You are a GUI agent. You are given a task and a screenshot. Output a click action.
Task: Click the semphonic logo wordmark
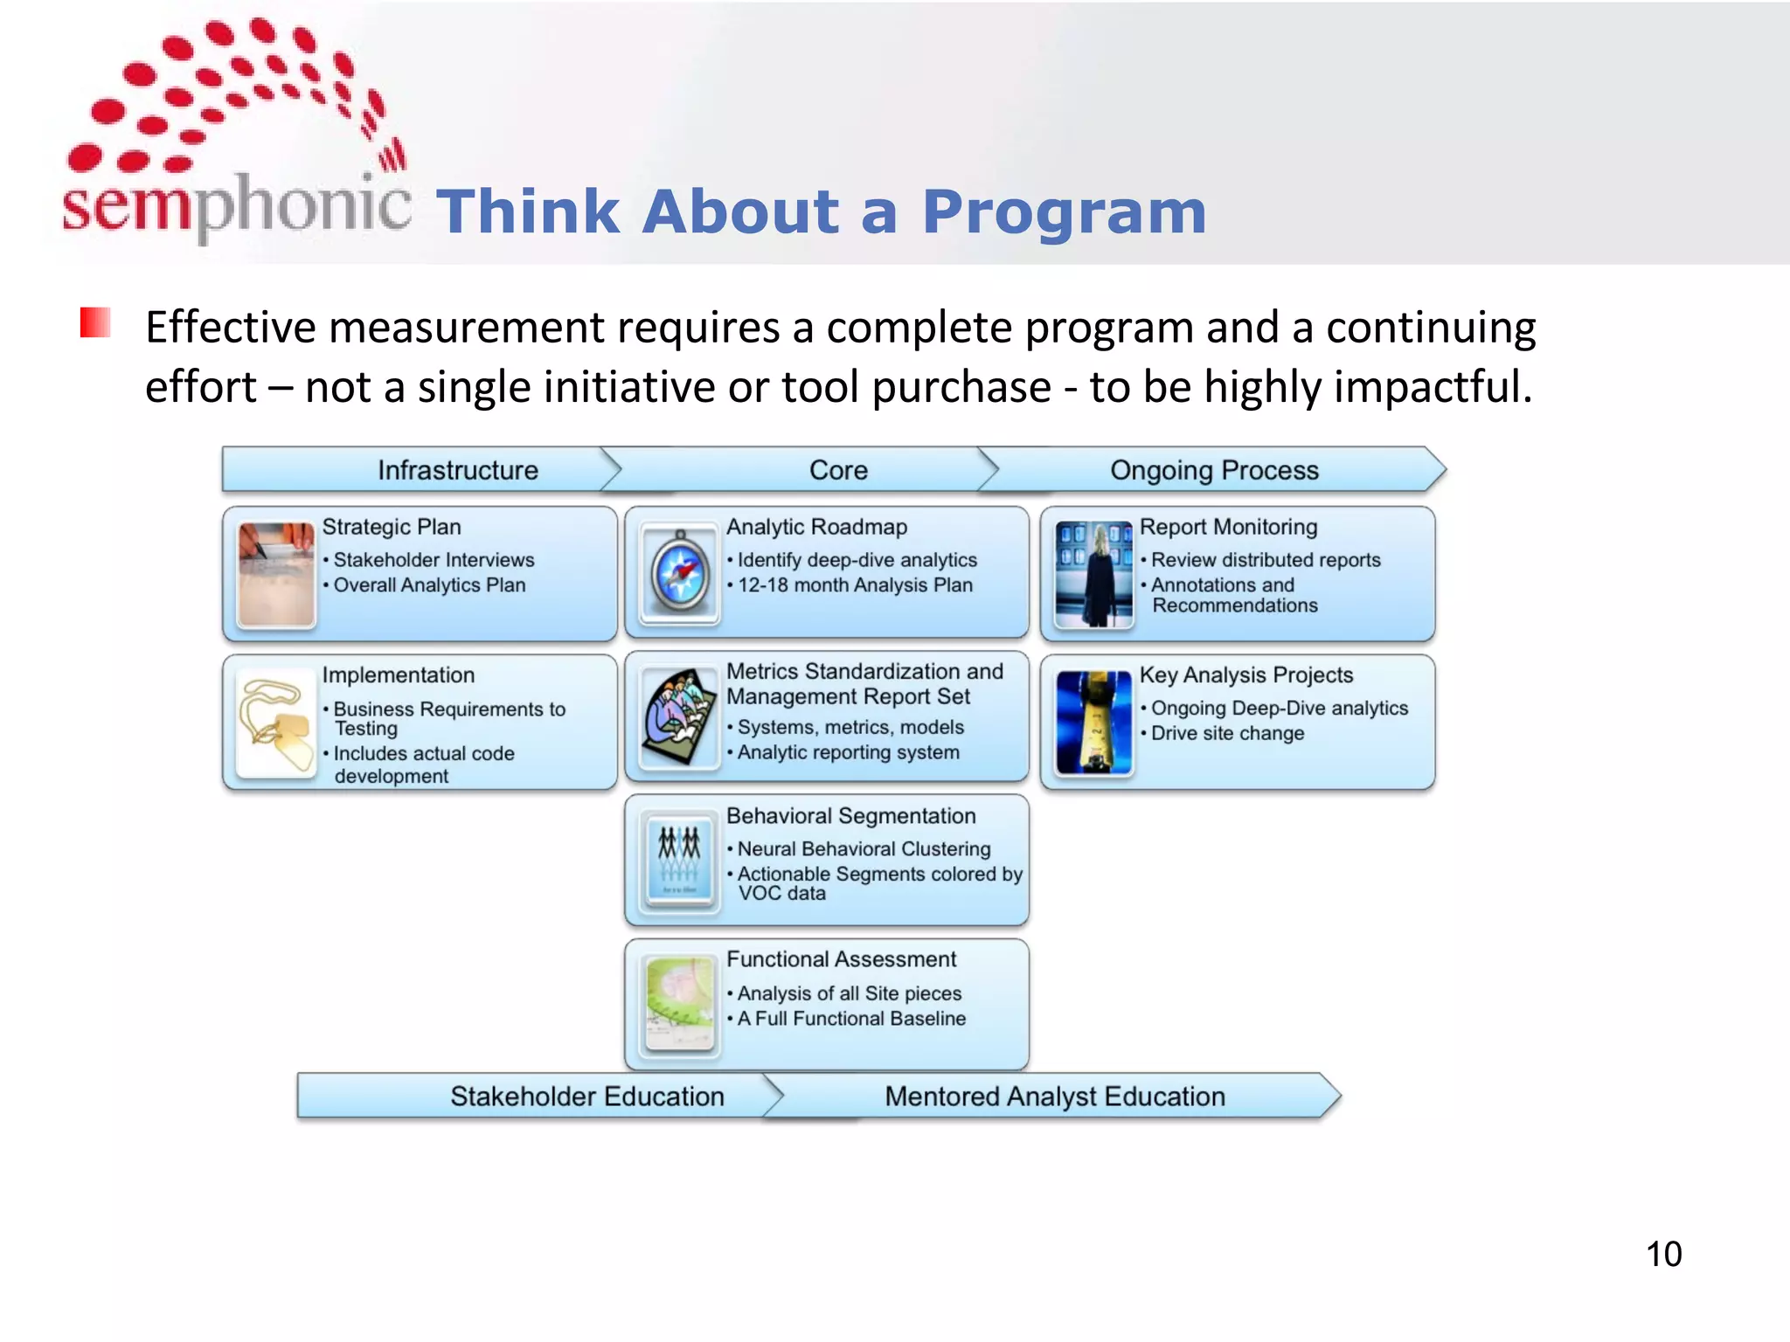pyautogui.click(x=236, y=205)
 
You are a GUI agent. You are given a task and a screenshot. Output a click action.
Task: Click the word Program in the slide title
pyautogui.click(x=1064, y=212)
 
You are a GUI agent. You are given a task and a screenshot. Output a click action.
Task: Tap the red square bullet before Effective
pyautogui.click(x=94, y=322)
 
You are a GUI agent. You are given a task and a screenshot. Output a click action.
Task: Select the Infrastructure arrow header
pyautogui.click(x=457, y=470)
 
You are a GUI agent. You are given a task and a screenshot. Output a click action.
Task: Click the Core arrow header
pyautogui.click(x=837, y=470)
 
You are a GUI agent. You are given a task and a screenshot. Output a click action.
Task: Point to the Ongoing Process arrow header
pyautogui.click(x=1213, y=470)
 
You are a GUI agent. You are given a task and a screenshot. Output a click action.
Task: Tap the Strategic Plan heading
pyautogui.click(x=391, y=527)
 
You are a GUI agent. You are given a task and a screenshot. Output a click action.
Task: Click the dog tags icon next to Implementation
pyautogui.click(x=275, y=723)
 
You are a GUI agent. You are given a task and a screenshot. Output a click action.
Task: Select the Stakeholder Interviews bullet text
pyautogui.click(x=434, y=560)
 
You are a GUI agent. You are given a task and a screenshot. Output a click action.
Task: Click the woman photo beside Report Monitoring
pyautogui.click(x=1093, y=574)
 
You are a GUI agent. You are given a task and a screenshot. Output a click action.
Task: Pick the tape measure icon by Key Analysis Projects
pyautogui.click(x=1093, y=723)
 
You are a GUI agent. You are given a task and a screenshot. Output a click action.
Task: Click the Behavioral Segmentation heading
pyautogui.click(x=850, y=816)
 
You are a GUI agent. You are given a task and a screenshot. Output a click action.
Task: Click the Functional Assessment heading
pyautogui.click(x=841, y=959)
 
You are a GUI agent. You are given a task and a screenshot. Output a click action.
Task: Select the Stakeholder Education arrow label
pyautogui.click(x=586, y=1096)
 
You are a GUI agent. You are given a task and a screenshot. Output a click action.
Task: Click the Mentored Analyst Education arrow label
pyautogui.click(x=1054, y=1096)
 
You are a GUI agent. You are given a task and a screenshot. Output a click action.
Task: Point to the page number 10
pyautogui.click(x=1662, y=1255)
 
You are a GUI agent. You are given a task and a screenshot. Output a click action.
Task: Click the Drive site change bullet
pyautogui.click(x=1227, y=734)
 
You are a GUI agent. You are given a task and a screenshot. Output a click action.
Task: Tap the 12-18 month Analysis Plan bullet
pyautogui.click(x=854, y=585)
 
